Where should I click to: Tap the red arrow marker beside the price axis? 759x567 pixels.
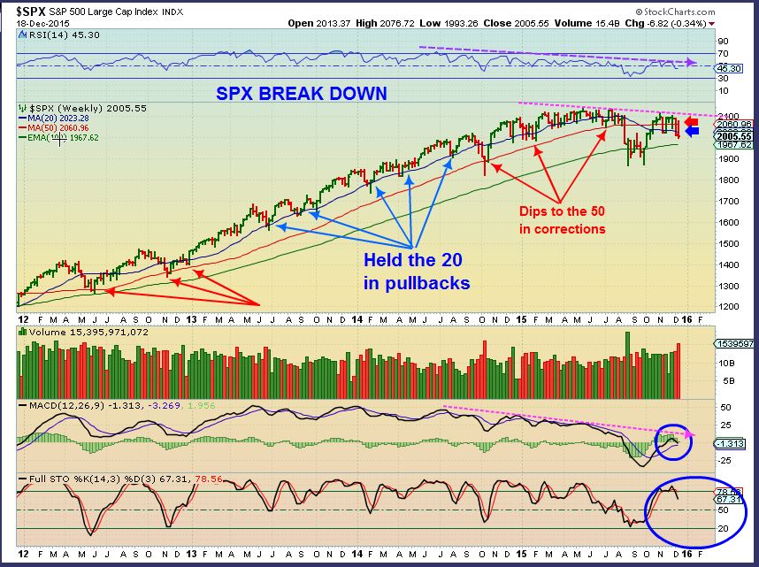(692, 123)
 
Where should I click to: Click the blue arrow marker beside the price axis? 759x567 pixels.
(692, 132)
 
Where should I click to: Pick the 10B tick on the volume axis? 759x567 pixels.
(723, 363)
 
